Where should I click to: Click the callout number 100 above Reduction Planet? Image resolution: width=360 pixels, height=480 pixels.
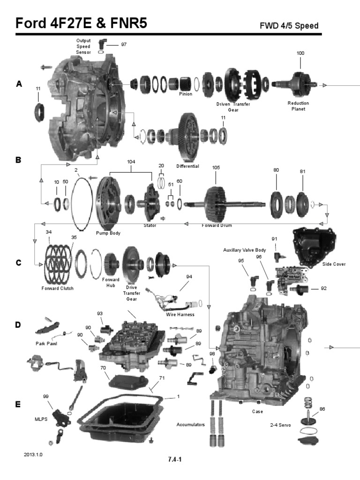point(300,53)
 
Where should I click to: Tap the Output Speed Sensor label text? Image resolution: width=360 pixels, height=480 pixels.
point(83,46)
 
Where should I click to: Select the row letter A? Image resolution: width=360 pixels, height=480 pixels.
point(19,84)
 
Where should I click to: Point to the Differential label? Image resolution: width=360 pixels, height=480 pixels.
point(187,166)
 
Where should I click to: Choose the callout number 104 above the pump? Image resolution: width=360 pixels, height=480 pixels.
point(131,162)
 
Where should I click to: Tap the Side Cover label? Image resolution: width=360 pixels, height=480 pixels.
point(334,264)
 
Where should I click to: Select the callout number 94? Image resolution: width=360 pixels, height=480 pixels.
point(189,277)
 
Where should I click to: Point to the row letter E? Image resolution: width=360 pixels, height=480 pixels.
point(19,404)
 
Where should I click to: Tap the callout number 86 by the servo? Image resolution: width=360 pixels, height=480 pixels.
point(322,409)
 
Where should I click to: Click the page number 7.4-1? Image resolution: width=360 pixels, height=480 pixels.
point(175,459)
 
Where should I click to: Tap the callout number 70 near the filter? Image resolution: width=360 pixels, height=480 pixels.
point(102,368)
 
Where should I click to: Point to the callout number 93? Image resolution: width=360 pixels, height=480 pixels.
point(100,313)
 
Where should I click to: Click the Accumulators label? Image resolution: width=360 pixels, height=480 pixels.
point(190,425)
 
